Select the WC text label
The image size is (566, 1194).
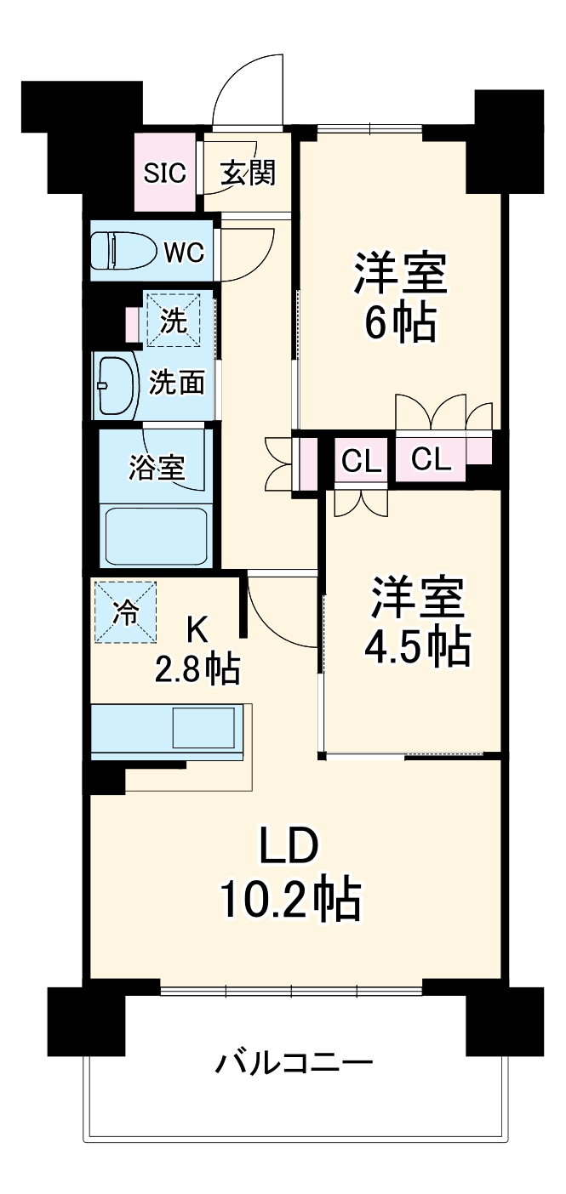184,252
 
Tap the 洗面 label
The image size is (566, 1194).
177,384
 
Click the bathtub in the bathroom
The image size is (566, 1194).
155,537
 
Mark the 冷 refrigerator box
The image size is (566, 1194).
125,611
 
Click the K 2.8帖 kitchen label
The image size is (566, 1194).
197,650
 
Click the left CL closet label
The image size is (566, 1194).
361,461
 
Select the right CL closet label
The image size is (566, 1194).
431,459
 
